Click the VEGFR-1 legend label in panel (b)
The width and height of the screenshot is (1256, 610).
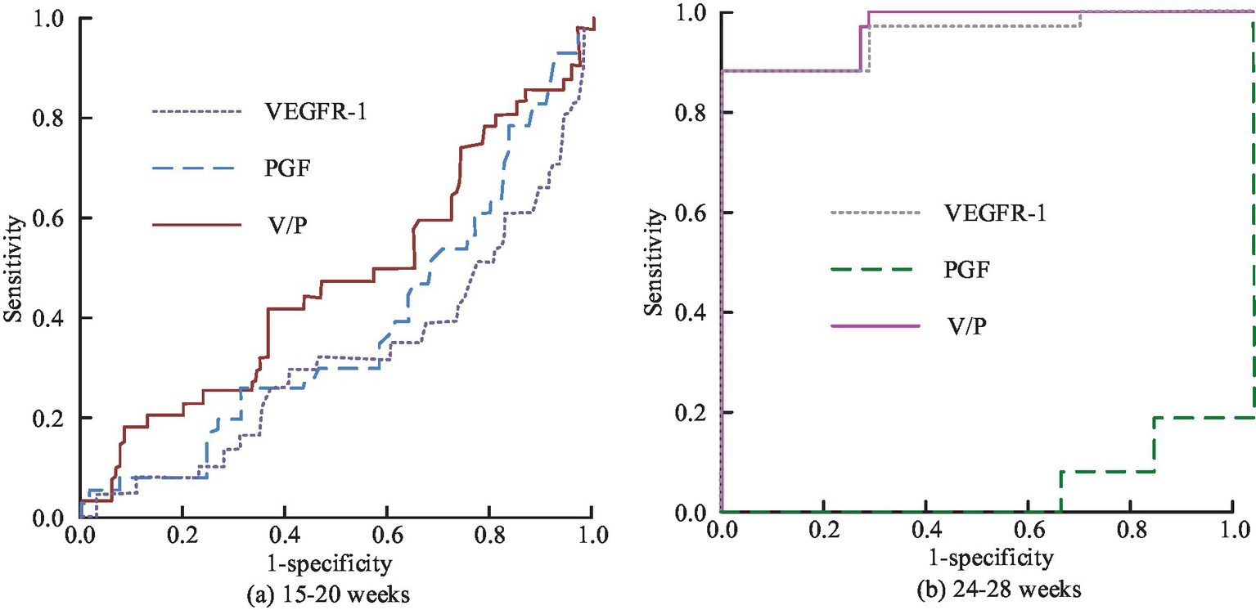pos(997,214)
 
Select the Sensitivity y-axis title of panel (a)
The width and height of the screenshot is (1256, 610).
pos(12,267)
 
